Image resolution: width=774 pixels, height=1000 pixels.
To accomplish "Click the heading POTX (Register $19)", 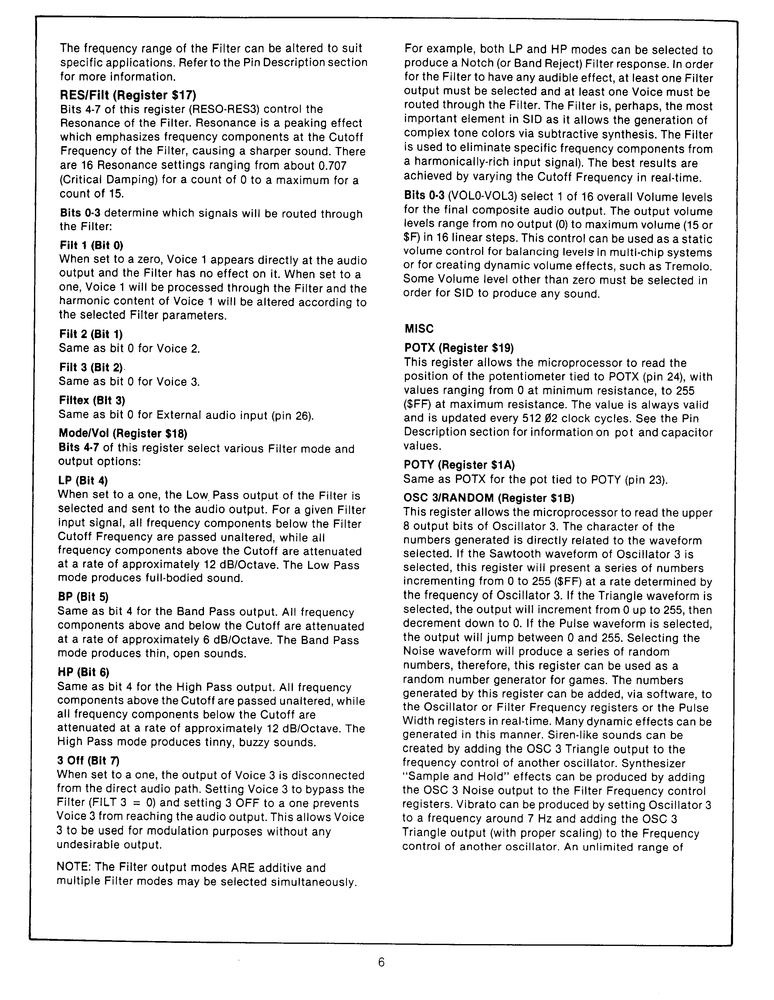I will pos(459,348).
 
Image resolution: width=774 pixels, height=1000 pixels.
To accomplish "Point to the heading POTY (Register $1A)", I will pos(459,465).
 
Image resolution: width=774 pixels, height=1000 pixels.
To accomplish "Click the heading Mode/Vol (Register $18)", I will pos(123,433).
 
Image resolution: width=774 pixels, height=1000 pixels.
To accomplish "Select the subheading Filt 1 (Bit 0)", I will pos(91,245).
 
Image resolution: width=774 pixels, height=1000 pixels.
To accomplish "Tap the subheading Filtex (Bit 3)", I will pos(92,400).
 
